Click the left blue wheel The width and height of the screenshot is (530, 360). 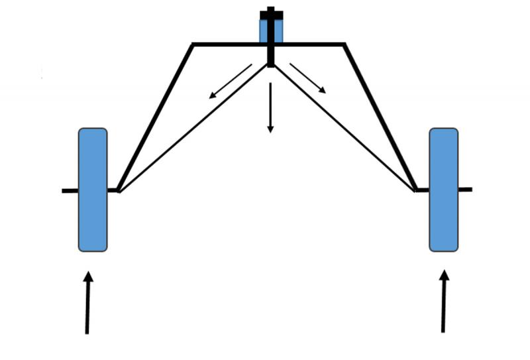(x=93, y=190)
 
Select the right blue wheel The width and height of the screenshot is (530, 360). (x=443, y=190)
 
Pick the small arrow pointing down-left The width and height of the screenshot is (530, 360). (x=231, y=81)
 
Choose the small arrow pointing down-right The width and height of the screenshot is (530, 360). (x=308, y=78)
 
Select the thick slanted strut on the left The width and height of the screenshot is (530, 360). (x=155, y=117)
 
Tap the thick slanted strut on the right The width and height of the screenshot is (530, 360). (x=380, y=117)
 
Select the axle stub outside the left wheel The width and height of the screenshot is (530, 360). (x=70, y=191)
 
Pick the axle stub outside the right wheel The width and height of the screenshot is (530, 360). (x=465, y=190)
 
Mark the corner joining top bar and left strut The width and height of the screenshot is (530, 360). (x=193, y=44)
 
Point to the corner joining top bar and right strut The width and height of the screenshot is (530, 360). (x=344, y=44)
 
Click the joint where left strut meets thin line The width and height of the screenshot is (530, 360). (x=118, y=191)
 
